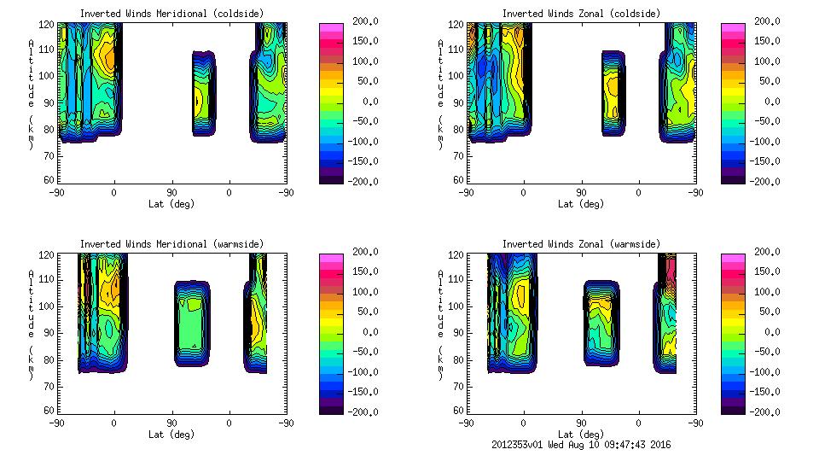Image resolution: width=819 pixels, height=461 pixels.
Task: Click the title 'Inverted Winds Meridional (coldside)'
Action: coord(171,14)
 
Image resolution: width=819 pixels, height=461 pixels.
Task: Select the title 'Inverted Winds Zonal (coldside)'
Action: coord(581,14)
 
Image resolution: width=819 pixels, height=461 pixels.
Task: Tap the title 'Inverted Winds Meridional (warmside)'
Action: coord(171,244)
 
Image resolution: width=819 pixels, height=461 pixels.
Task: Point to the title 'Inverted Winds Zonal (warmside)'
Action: coord(581,244)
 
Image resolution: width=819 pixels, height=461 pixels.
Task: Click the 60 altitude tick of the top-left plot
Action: coord(49,180)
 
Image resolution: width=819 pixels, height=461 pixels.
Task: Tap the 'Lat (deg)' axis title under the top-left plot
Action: coord(171,204)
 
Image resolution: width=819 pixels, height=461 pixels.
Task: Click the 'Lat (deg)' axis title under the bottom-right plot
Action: coord(581,434)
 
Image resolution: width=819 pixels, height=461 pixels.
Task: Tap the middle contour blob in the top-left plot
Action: coord(202,94)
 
